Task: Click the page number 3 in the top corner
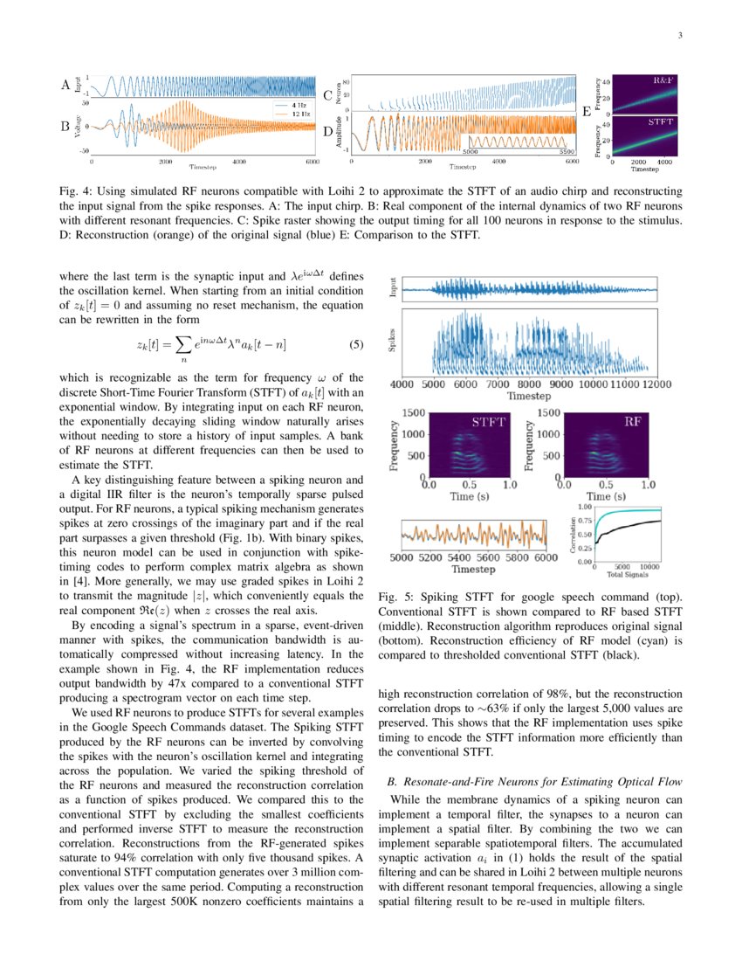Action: pos(678,36)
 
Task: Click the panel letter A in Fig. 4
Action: pos(65,86)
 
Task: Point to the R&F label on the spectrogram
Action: pos(664,80)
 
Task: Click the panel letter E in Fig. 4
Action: pos(586,112)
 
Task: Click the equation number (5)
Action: pos(355,344)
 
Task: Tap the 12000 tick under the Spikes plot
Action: pos(641,384)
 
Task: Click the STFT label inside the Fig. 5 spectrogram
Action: pos(489,422)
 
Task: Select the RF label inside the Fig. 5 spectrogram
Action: pos(634,422)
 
